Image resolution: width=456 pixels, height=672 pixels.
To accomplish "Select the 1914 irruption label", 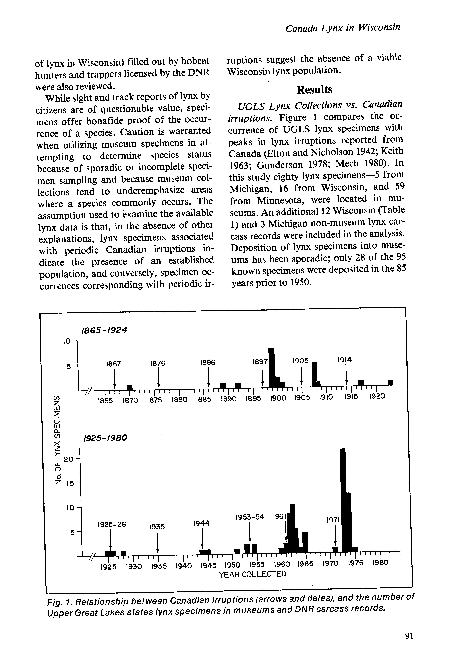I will click(x=344, y=360).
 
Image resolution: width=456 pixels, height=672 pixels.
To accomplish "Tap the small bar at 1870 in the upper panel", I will click(x=130, y=387).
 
